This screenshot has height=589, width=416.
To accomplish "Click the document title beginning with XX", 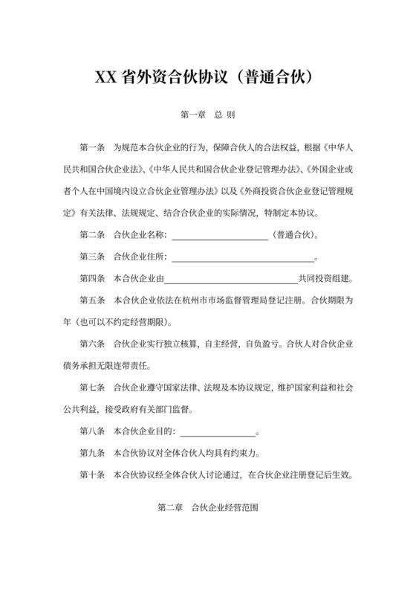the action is pyautogui.click(x=207, y=77).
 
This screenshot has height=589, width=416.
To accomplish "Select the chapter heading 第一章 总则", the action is pyautogui.click(x=207, y=116).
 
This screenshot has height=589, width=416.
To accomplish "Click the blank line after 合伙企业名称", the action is pyautogui.click(x=220, y=237).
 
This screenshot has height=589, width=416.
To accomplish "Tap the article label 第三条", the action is pyautogui.click(x=94, y=259).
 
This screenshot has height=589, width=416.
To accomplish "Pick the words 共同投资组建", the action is pyautogui.click(x=324, y=280).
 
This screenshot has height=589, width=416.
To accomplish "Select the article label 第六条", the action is pyautogui.click(x=94, y=345).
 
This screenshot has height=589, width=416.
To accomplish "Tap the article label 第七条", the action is pyautogui.click(x=94, y=387).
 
